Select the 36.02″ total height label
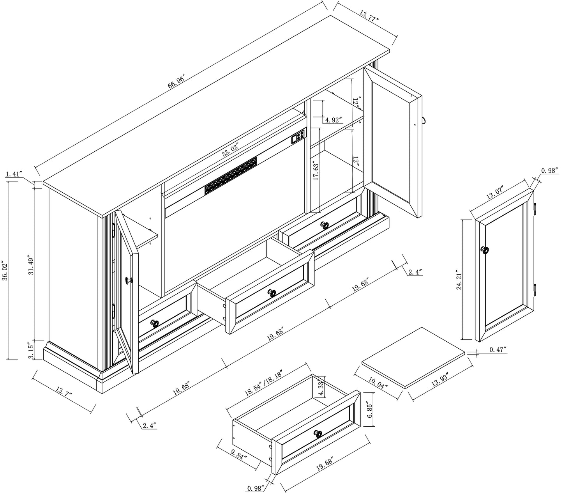pos(5,271)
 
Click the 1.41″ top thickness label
pos(14,174)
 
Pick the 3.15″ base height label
pos(31,352)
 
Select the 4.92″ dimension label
pos(334,120)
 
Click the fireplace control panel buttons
pos(298,137)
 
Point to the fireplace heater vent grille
pos(231,176)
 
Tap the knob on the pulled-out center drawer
pos(272,293)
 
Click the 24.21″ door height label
pos(459,280)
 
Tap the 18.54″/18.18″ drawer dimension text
pos(263,383)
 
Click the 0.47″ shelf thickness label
pos(498,349)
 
